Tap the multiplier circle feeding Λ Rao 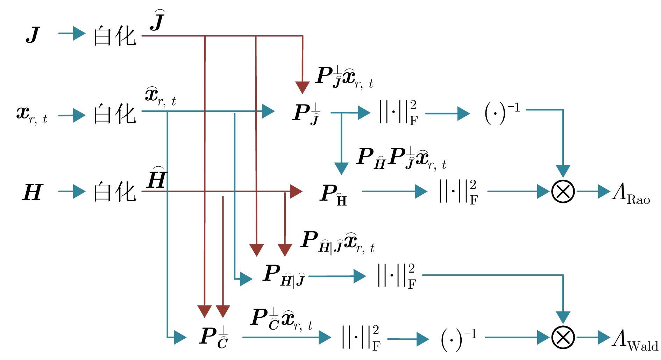[x=563, y=192]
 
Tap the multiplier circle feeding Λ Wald [x=563, y=337]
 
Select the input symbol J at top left [x=33, y=35]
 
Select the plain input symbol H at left [x=32, y=192]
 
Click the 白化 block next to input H [x=114, y=192]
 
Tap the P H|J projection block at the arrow [x=283, y=276]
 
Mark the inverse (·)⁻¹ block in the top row [x=502, y=113]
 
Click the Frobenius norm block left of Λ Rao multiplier [x=458, y=192]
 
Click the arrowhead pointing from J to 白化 [x=79, y=34]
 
